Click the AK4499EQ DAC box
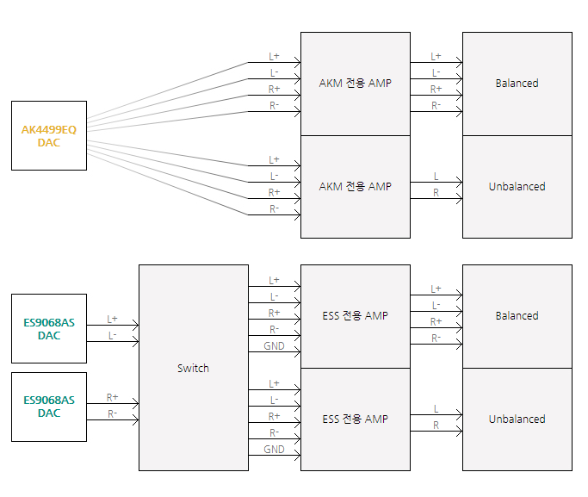[49, 135]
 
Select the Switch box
[193, 368]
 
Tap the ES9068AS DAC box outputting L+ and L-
[49, 328]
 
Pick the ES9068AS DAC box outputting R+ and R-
[49, 407]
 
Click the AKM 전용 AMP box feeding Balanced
[355, 84]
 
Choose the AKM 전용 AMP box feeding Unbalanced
[355, 186]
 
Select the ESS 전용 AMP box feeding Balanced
[355, 316]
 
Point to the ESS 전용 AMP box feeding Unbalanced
[355, 419]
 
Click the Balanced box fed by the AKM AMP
[517, 84]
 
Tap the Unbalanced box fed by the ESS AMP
[517, 419]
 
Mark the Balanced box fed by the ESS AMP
[517, 316]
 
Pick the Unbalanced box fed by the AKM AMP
[517, 186]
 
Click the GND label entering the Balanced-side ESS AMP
[274, 346]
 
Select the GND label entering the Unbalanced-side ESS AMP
[274, 450]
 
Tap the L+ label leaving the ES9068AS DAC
[113, 319]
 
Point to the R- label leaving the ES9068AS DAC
[113, 414]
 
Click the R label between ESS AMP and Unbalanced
[436, 426]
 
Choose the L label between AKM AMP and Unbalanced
[436, 177]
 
